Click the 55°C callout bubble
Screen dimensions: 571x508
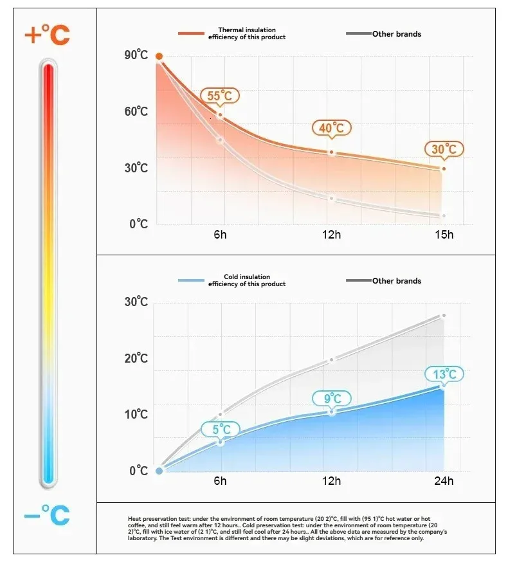[219, 96]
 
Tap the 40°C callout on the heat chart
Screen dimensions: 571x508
[331, 128]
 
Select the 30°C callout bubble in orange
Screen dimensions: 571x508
[444, 149]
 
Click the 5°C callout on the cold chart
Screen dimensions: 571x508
[221, 429]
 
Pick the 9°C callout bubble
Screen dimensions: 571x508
[331, 399]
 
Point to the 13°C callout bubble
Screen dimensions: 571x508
[444, 374]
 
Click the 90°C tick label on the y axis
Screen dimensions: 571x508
[136, 55]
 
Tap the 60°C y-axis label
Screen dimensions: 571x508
[136, 112]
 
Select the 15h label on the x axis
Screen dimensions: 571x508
[443, 235]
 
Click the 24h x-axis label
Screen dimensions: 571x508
[443, 481]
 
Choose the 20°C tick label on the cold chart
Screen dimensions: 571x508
[136, 358]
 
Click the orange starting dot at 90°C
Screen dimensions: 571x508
[159, 57]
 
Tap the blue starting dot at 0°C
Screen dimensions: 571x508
[159, 471]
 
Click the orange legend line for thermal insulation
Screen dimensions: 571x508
[191, 33]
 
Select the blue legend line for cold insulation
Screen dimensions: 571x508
[191, 280]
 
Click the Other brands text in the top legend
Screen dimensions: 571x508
[397, 34]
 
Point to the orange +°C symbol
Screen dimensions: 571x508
[47, 35]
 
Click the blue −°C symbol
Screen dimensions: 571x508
[47, 514]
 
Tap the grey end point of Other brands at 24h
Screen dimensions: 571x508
[443, 316]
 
